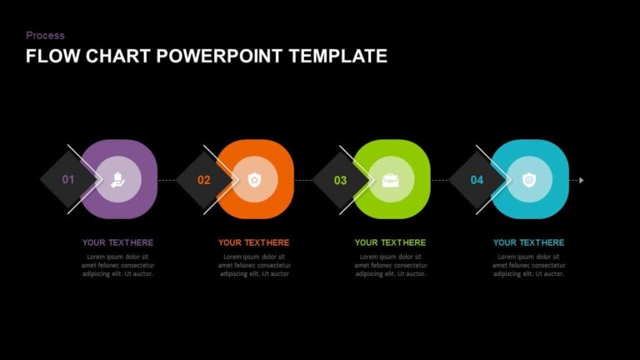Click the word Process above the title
click(x=45, y=36)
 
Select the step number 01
click(x=68, y=180)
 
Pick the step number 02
click(x=204, y=180)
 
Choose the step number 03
click(x=340, y=180)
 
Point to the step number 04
click(x=477, y=180)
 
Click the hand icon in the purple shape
click(x=118, y=179)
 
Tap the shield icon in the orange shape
click(x=255, y=179)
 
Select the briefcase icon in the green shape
click(x=391, y=179)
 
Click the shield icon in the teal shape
click(x=528, y=179)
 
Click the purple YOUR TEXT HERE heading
click(x=117, y=243)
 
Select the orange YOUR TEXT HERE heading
click(x=254, y=243)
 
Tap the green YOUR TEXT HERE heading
click(x=390, y=243)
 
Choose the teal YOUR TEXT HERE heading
click(x=528, y=243)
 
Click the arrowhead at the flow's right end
click(x=581, y=180)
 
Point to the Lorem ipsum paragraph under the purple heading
click(x=117, y=265)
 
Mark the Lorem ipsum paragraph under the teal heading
click(x=528, y=265)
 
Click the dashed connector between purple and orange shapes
click(x=167, y=180)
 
